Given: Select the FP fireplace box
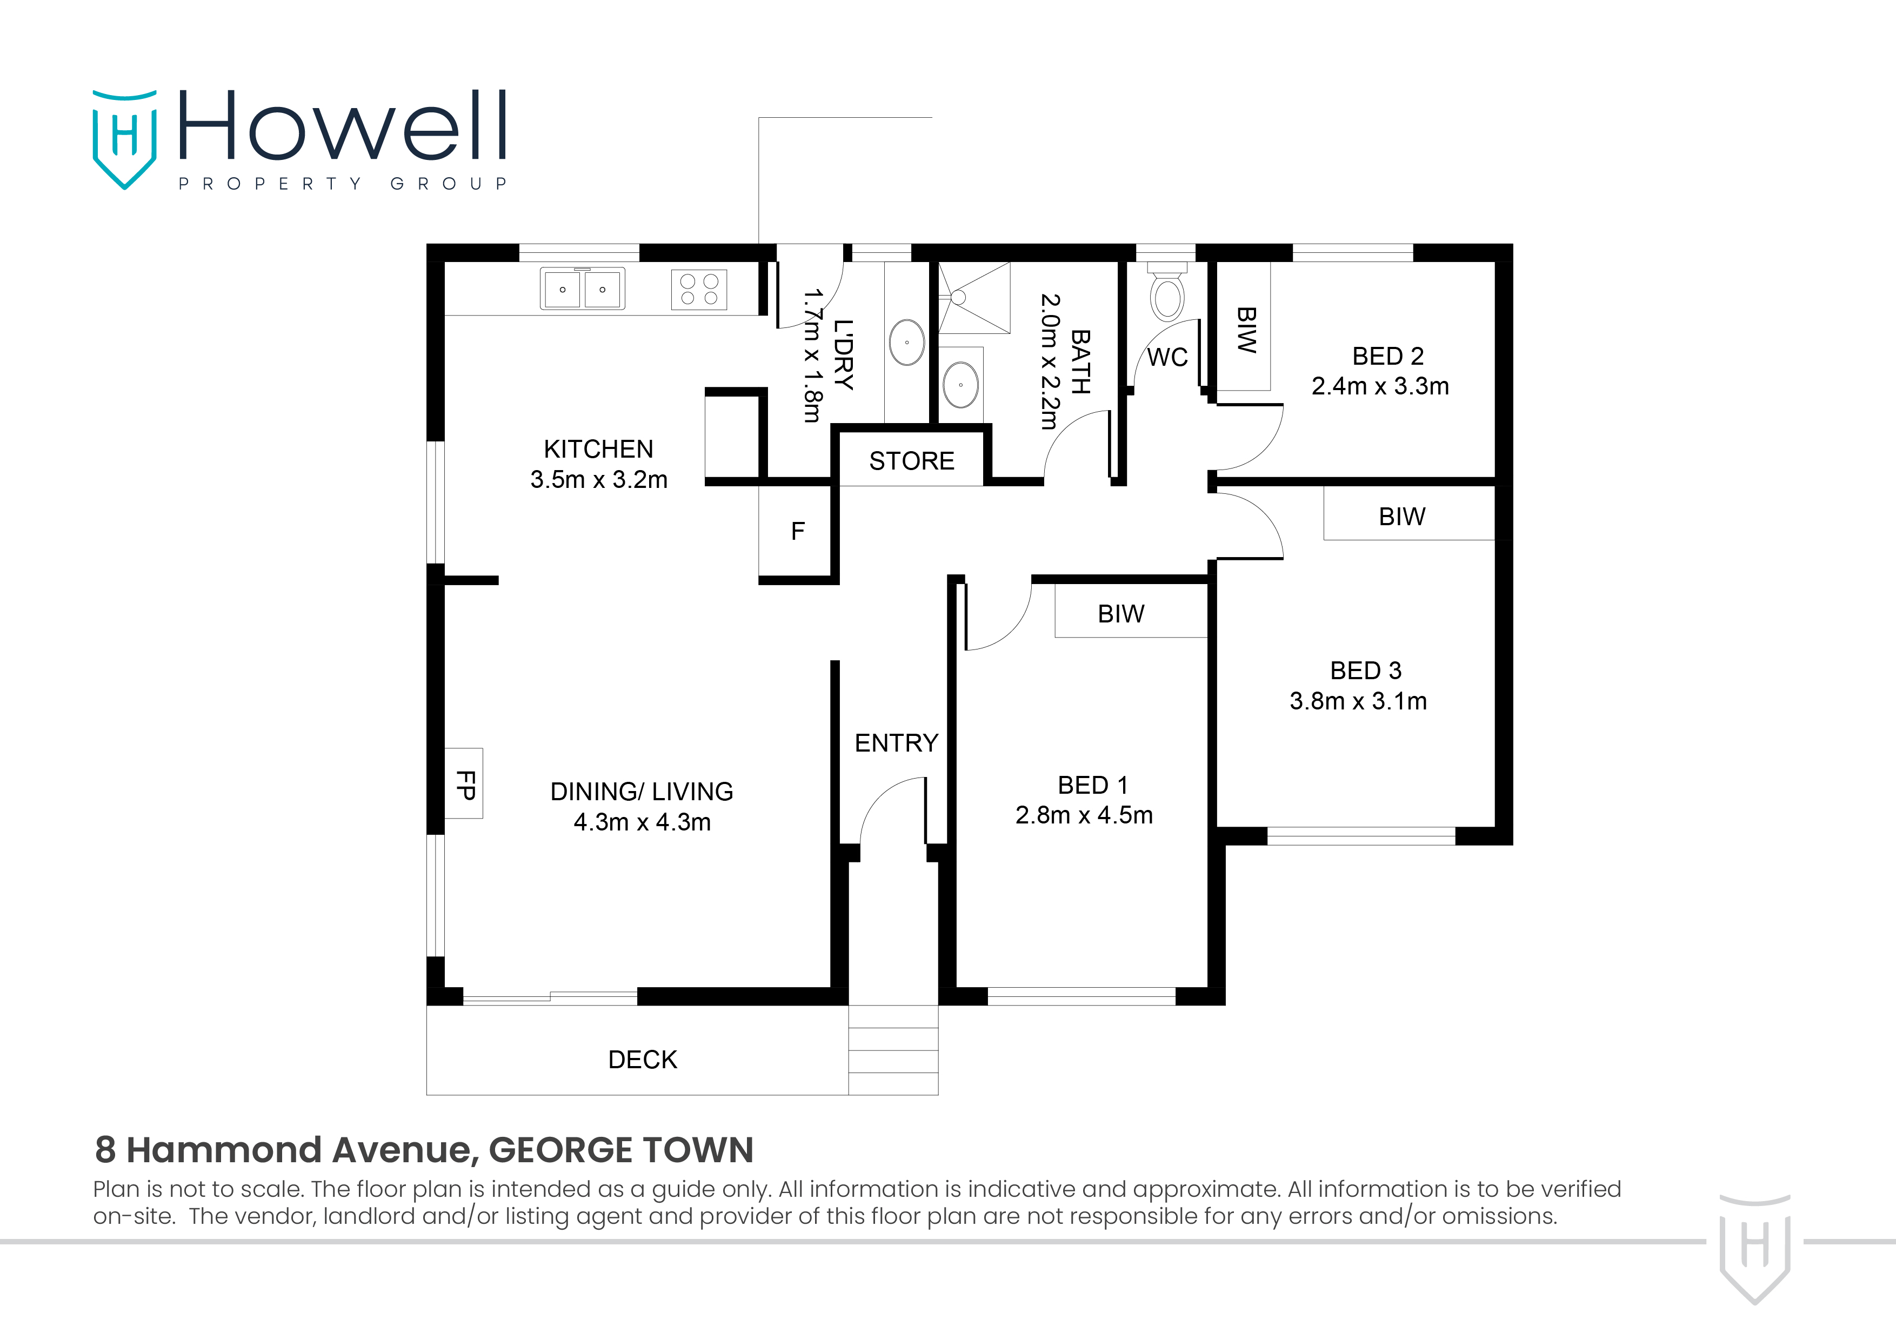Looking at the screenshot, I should coord(464,783).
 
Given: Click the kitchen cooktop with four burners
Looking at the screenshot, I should coord(699,290).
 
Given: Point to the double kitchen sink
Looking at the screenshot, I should coord(582,289).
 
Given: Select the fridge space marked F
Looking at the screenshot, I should coord(797,531).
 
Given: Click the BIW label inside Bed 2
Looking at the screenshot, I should coord(1245,330).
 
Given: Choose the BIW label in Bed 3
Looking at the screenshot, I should coord(1401,517).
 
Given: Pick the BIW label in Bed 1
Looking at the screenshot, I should coord(1120,614).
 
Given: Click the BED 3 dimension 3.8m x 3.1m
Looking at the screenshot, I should coord(1358,701).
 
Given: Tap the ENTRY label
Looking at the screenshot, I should coord(896,743).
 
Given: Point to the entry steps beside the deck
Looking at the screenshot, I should coord(893,1050).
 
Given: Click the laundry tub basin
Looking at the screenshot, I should coord(907,342).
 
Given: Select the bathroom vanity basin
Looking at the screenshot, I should coord(960,384).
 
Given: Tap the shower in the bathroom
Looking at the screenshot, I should coord(974,297).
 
